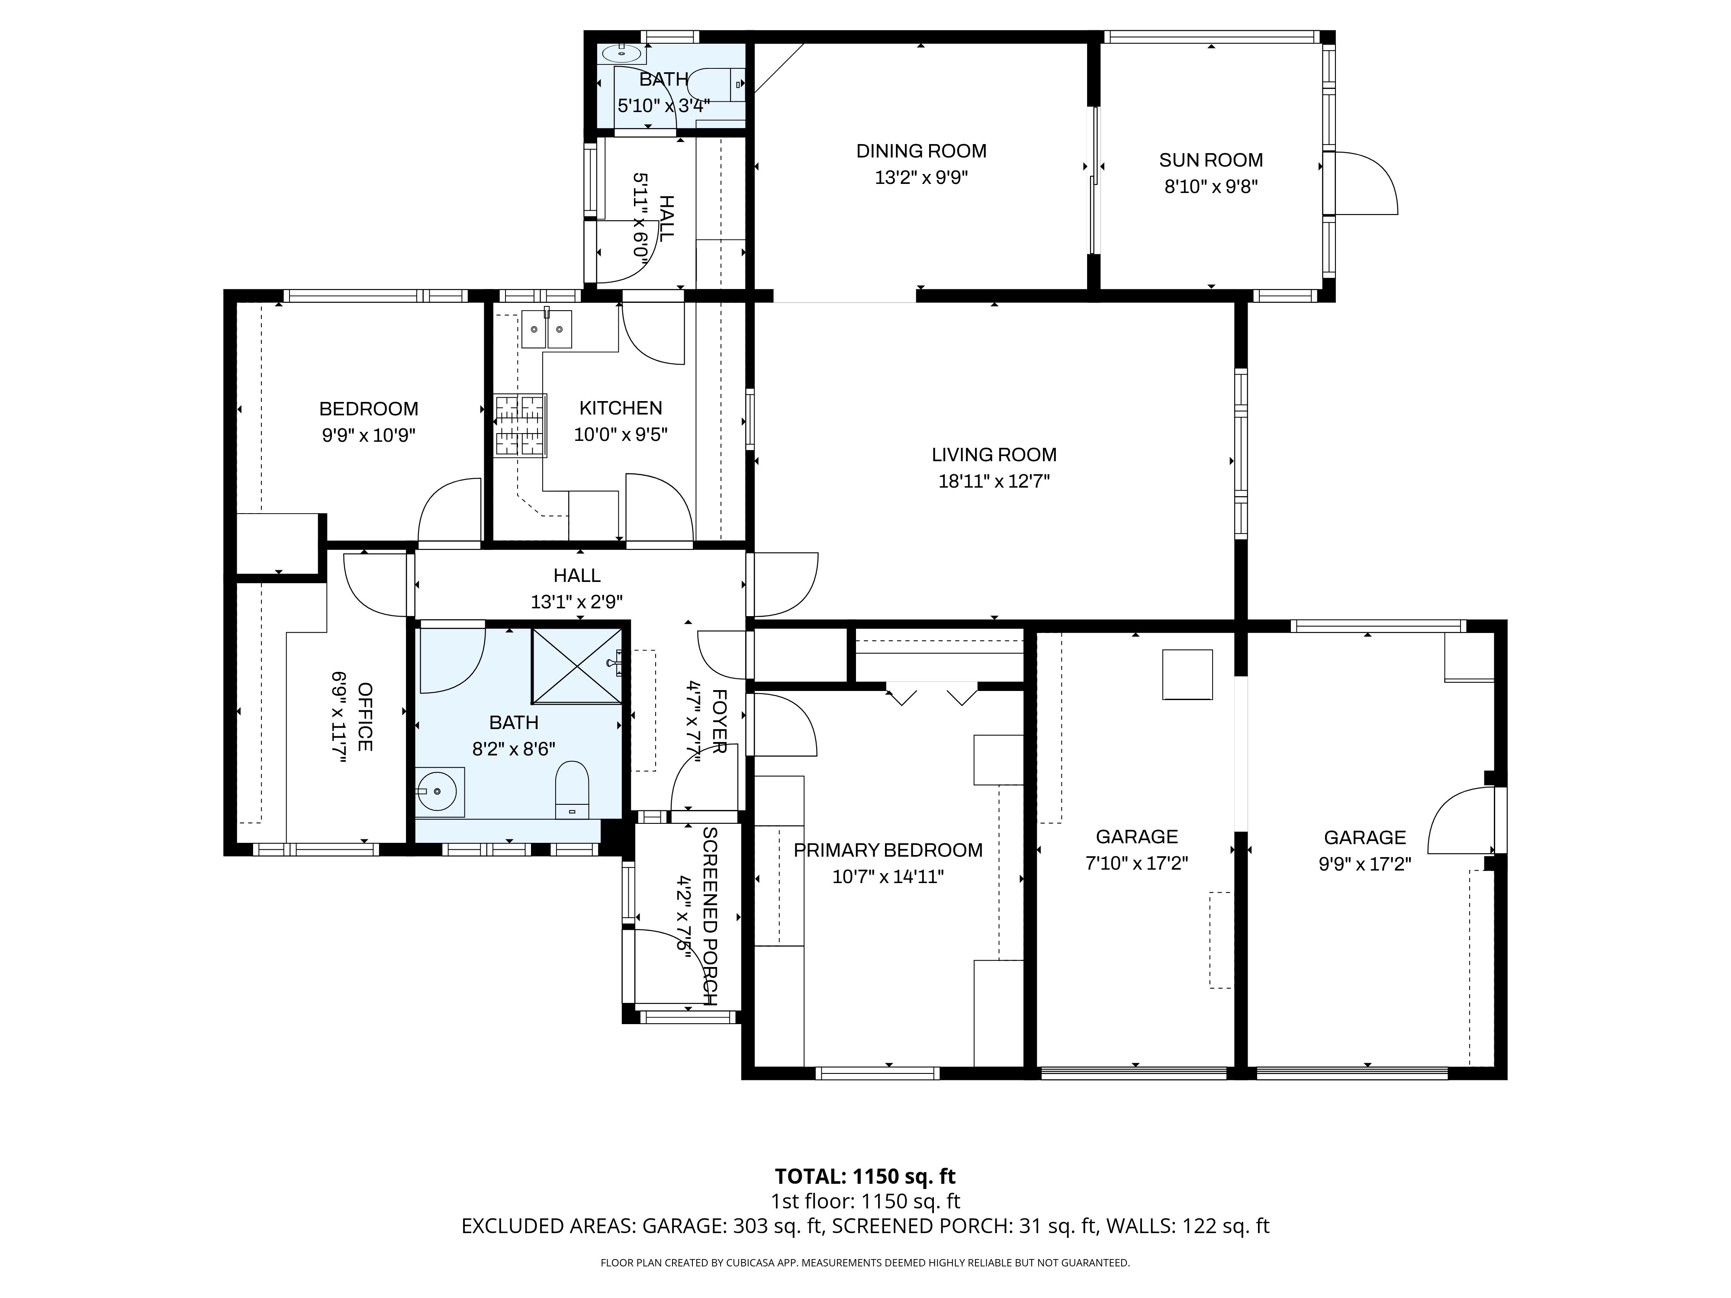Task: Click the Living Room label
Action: coord(994,455)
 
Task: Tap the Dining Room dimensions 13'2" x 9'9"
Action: coord(921,177)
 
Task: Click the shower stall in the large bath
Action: coord(577,665)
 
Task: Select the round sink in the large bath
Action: coord(439,792)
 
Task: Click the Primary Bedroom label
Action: coord(888,851)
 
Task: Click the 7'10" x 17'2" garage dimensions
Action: coord(1136,864)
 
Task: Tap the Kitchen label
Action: coord(621,408)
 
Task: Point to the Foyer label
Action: coord(719,721)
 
